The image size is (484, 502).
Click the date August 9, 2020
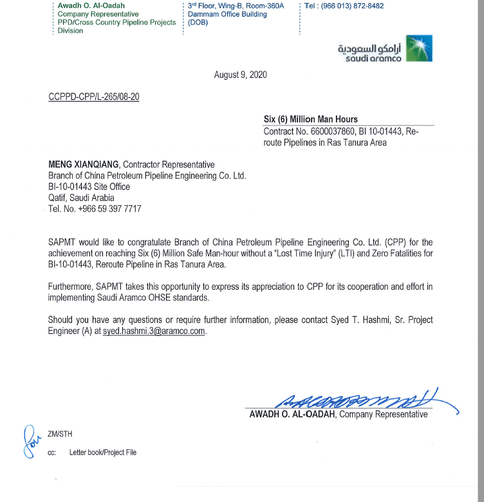[240, 75]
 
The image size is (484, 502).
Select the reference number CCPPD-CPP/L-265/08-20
[94, 97]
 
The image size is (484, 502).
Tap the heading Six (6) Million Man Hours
[311, 119]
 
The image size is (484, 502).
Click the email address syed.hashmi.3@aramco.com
[154, 331]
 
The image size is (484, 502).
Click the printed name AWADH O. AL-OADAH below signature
[292, 414]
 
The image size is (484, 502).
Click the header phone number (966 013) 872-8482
[353, 6]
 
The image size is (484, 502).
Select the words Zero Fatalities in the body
[391, 254]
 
